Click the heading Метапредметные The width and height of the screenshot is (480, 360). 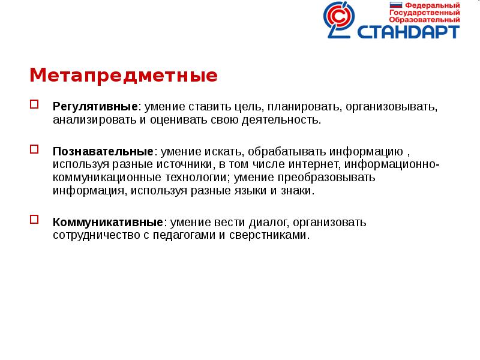pyautogui.click(x=124, y=76)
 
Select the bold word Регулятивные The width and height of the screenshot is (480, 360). pyautogui.click(x=95, y=107)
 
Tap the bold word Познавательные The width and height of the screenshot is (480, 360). pyautogui.click(x=103, y=151)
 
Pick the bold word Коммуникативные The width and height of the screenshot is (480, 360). pyautogui.click(x=107, y=222)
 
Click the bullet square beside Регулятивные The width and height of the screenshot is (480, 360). pyautogui.click(x=34, y=104)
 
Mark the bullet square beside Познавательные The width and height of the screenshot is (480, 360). pyautogui.click(x=34, y=149)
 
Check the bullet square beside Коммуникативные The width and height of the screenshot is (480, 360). pyautogui.click(x=34, y=220)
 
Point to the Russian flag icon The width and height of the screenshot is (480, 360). pyautogui.click(x=396, y=5)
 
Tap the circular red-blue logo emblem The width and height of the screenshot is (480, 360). pyautogui.click(x=343, y=20)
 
